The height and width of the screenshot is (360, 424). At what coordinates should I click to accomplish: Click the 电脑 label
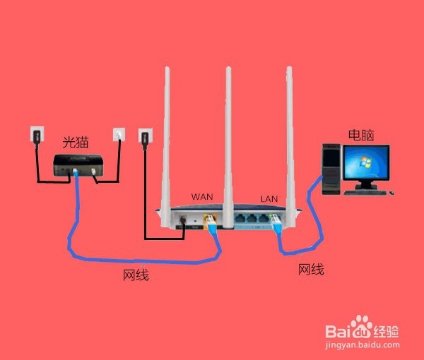click(x=360, y=134)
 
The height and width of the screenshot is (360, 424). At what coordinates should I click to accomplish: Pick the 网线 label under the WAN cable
click(x=136, y=275)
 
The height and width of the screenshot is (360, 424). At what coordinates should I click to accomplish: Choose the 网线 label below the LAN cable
click(x=311, y=269)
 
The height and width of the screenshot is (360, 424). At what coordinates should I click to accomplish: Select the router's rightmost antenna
click(x=289, y=134)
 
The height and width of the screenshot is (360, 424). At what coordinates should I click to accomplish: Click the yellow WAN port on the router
click(x=209, y=221)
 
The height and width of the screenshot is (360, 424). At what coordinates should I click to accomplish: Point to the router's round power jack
click(x=186, y=221)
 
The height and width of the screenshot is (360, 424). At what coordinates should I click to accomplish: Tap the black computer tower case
click(x=331, y=166)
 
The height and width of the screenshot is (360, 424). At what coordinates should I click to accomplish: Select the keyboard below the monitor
click(x=370, y=192)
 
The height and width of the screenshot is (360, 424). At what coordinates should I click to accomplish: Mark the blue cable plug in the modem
click(x=75, y=172)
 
